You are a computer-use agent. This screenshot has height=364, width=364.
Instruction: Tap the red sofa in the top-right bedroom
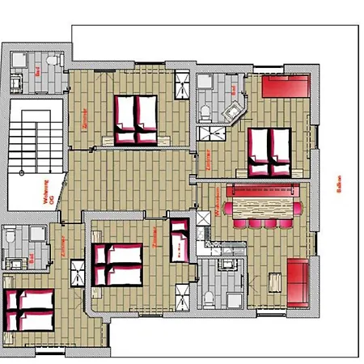tap(286, 87)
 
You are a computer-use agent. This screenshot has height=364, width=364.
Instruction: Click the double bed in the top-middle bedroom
tap(135, 119)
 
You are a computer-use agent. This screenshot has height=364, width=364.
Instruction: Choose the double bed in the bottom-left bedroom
tap(28, 307)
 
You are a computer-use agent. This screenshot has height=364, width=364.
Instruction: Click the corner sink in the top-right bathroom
tap(236, 110)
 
